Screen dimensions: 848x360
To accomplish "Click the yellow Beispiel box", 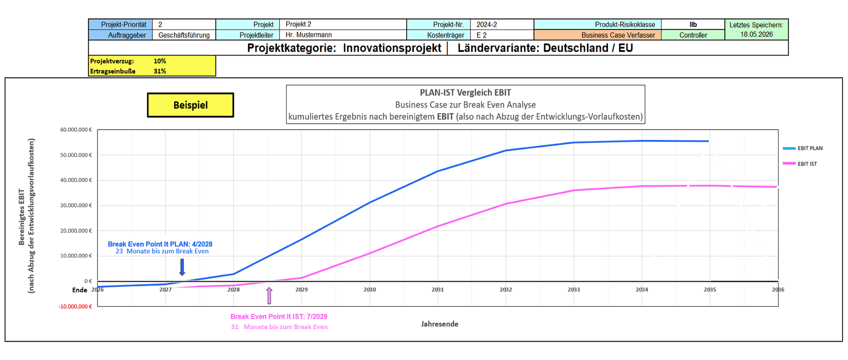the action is pos(190,105).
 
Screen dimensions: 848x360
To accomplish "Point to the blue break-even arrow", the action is pos(182,267).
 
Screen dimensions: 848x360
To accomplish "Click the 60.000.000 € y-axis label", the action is pos(76,129).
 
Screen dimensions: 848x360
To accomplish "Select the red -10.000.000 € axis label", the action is pos(75,306).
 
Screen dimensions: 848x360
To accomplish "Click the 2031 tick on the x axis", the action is pos(438,289).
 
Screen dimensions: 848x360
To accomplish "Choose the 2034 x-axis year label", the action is pos(642,289).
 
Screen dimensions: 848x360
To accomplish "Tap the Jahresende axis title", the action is pos(440,324).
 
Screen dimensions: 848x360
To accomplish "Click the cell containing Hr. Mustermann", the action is pos(343,35).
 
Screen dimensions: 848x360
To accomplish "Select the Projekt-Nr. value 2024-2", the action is pos(502,25).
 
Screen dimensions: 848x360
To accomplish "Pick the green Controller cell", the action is pos(693,35).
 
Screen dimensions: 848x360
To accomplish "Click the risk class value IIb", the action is pos(693,25).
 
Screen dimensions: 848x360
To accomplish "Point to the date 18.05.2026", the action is pos(757,34).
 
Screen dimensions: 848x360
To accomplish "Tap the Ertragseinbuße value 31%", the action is pos(160,71).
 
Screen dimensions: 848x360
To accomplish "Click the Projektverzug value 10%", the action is pos(160,61).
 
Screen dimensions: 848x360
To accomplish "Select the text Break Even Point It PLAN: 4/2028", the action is pos(160,244).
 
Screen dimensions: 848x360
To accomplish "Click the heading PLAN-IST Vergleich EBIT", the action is pos(465,93).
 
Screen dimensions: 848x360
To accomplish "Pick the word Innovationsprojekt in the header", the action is pos(392,48).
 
